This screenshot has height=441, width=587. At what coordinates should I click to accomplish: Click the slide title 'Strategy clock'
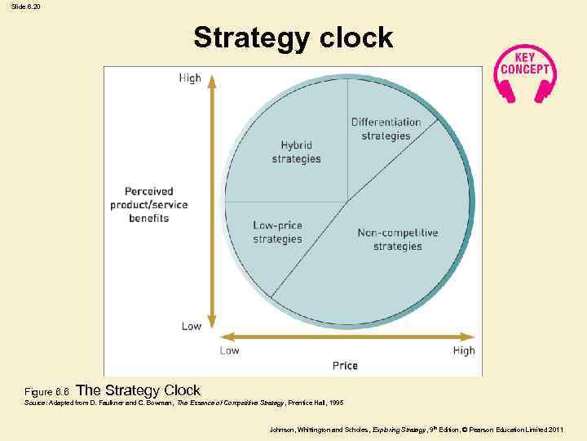[293, 38]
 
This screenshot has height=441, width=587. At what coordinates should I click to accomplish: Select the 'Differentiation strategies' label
[386, 129]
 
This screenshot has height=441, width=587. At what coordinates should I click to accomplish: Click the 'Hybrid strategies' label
[296, 152]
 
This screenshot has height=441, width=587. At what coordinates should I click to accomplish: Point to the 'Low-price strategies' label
[277, 232]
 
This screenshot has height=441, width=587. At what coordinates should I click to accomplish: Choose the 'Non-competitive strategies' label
[397, 239]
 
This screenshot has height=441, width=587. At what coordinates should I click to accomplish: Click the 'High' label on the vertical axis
[190, 78]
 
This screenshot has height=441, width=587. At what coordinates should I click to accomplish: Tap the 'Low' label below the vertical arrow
[191, 326]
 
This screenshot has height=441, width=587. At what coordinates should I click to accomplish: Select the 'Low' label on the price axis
[230, 350]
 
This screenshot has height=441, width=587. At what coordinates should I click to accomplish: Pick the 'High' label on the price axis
[463, 350]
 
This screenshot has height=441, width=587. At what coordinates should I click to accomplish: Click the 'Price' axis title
[345, 365]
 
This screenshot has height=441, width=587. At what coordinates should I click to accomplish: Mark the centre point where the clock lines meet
[348, 201]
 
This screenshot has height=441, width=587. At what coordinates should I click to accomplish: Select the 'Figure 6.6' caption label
[49, 392]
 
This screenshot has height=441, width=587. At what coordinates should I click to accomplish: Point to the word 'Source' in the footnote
[35, 403]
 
